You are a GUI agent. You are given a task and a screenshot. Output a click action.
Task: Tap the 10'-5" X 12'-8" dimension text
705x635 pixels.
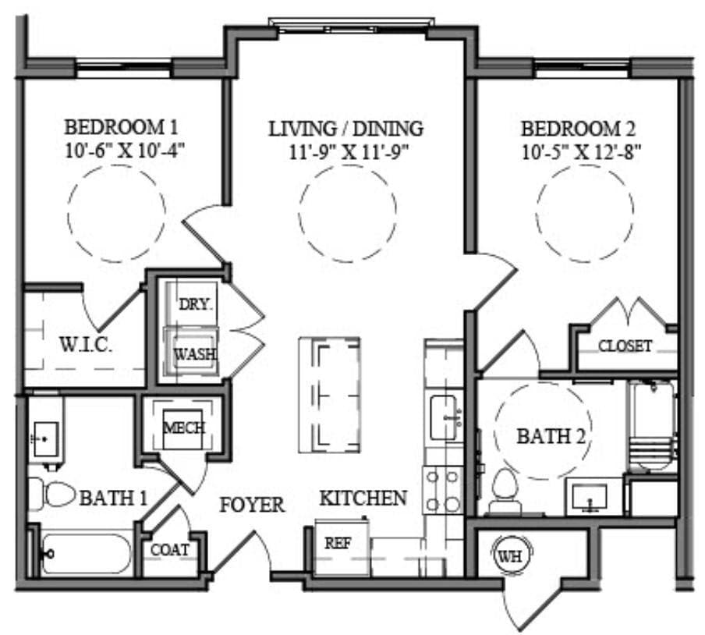pos(581,150)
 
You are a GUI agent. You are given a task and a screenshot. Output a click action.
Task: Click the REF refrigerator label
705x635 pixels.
pos(337,544)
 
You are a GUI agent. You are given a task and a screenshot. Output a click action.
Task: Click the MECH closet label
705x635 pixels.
pos(183,428)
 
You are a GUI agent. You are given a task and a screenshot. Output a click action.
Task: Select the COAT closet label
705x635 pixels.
pos(169,550)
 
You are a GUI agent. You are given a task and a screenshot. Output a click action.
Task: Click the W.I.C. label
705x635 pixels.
pos(86,344)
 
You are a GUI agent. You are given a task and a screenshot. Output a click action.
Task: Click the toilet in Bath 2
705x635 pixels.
pos(505,493)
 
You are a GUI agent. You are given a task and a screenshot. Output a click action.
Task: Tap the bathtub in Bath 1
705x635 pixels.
pos(87,554)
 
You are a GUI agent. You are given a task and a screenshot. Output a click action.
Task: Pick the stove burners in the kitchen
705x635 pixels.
pos(442,490)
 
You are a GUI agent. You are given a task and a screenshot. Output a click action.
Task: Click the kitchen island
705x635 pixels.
pos(329,394)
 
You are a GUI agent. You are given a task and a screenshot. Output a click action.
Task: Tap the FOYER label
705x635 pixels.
pos(251,505)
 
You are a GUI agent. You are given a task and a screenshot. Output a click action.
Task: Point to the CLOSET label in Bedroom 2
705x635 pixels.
pos(625,346)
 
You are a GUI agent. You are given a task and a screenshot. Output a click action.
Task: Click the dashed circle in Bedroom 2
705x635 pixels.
pos(584,212)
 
